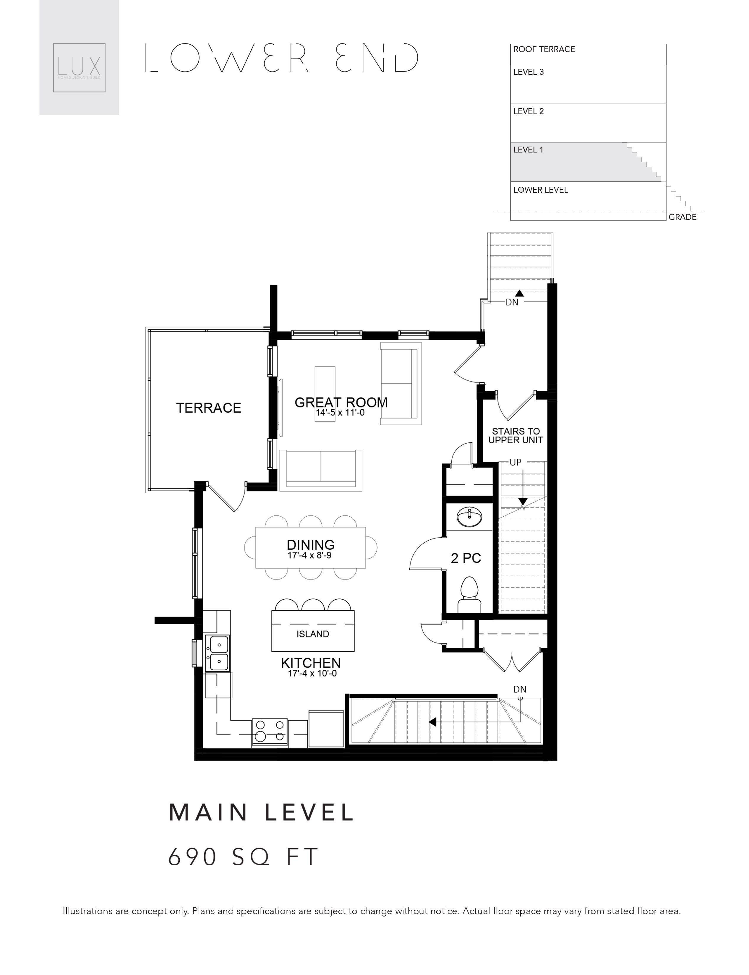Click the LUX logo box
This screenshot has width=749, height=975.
coord(79,67)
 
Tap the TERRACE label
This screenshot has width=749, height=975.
coord(209,408)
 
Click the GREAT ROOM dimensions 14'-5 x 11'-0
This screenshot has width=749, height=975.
coord(340,413)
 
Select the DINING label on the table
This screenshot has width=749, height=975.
coord(310,544)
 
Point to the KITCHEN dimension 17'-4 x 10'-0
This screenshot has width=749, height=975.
coord(312,674)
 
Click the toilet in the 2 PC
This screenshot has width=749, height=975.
coord(469,595)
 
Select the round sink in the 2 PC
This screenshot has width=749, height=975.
coord(469,517)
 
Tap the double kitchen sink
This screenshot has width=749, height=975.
coord(218,653)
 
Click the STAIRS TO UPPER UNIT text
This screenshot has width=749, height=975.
coord(515,436)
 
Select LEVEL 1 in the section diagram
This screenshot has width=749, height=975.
coord(528,150)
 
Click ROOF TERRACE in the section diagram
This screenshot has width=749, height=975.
coord(544,49)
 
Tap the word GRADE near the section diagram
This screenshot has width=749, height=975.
coord(682,217)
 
